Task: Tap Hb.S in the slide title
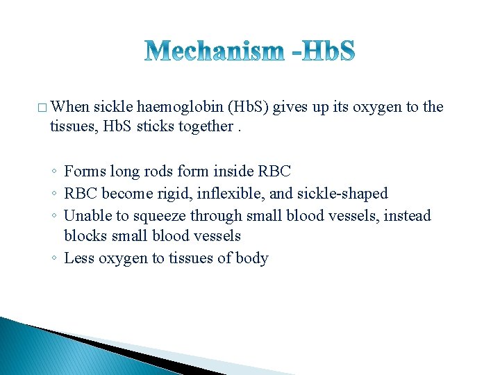coord(324,51)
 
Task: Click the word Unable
coord(87,215)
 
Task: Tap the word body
coord(251,259)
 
